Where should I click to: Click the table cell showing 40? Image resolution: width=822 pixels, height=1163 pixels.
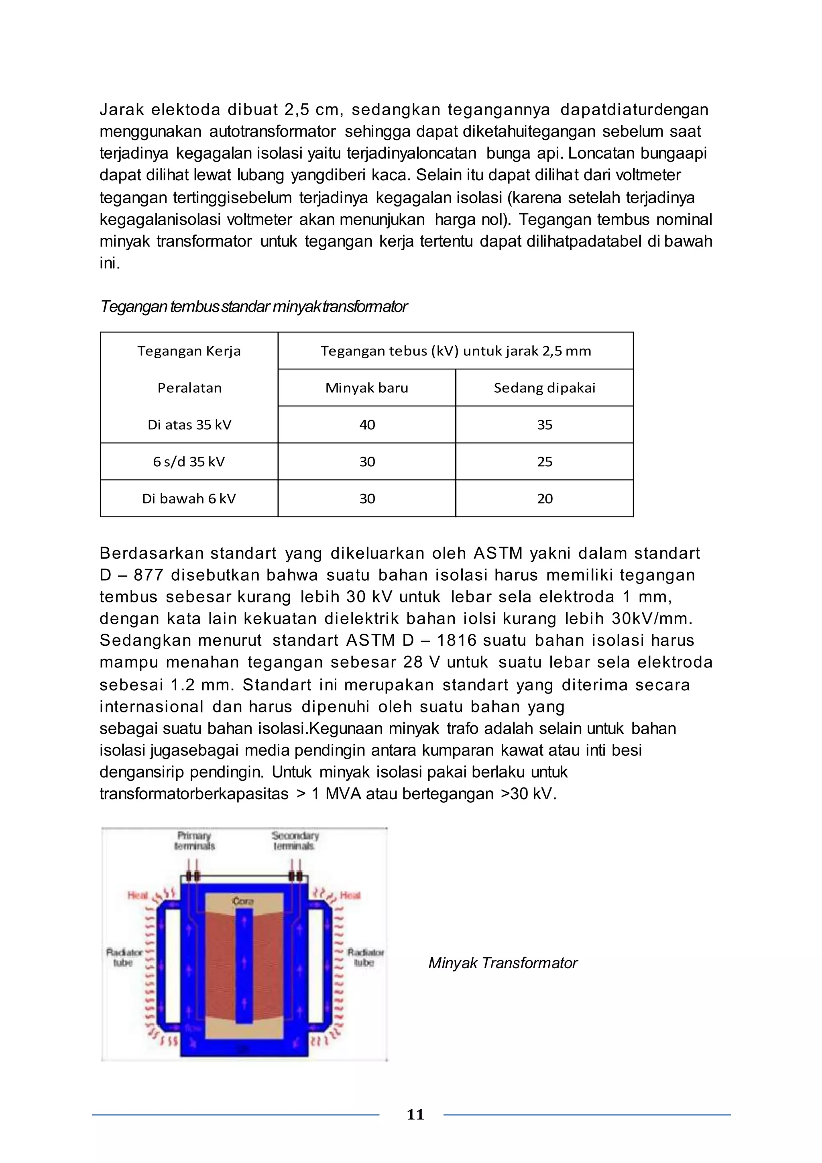367,424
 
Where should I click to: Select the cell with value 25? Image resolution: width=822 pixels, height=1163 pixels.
545,461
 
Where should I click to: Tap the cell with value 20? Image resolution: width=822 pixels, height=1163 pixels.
545,498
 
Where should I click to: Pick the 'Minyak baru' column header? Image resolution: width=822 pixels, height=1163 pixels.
366,388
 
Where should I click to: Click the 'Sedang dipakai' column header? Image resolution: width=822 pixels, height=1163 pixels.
545,388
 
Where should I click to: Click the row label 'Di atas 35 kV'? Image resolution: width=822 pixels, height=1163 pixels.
189,424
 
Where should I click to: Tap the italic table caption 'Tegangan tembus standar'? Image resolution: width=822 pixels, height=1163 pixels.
253,306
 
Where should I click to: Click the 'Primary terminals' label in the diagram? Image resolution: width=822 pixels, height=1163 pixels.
194,841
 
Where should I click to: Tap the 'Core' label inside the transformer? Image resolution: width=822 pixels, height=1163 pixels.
243,901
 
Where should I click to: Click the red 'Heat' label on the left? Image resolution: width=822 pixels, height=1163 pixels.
137,896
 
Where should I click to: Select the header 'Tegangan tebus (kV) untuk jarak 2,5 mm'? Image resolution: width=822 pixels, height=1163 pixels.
456,351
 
